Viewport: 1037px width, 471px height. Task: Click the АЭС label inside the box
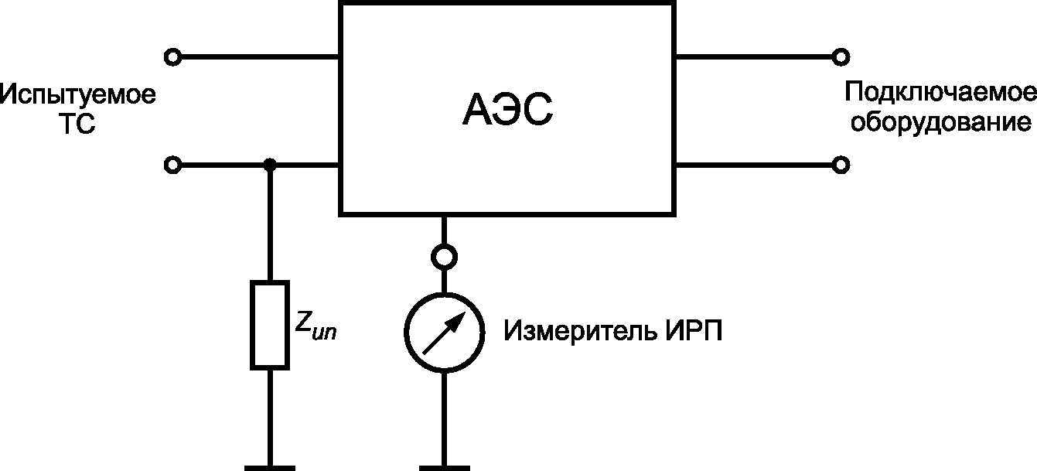pos(507,110)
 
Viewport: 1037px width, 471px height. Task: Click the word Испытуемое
pos(78,95)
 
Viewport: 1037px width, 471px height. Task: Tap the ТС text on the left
pos(77,124)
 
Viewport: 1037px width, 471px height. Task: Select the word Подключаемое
pos(940,93)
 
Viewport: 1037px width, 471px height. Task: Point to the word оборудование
pos(941,122)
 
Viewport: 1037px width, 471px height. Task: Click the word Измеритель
pos(581,331)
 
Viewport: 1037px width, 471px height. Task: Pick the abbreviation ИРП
pos(694,331)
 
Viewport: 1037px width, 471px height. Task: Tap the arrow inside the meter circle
pos(444,333)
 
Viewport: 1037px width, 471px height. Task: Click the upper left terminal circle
pos(172,57)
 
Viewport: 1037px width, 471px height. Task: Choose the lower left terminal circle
pos(172,165)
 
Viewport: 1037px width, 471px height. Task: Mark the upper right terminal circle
pos(841,57)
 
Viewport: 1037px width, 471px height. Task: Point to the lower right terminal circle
pos(841,165)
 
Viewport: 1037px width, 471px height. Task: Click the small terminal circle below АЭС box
pos(444,257)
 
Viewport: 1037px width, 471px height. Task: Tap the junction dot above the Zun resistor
pos(270,165)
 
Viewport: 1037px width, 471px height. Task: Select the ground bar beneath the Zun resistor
pos(270,468)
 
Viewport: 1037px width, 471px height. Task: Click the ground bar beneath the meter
pos(445,468)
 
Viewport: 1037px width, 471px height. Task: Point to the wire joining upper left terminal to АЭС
pos(260,57)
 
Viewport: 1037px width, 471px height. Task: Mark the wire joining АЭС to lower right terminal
pos(754,165)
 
